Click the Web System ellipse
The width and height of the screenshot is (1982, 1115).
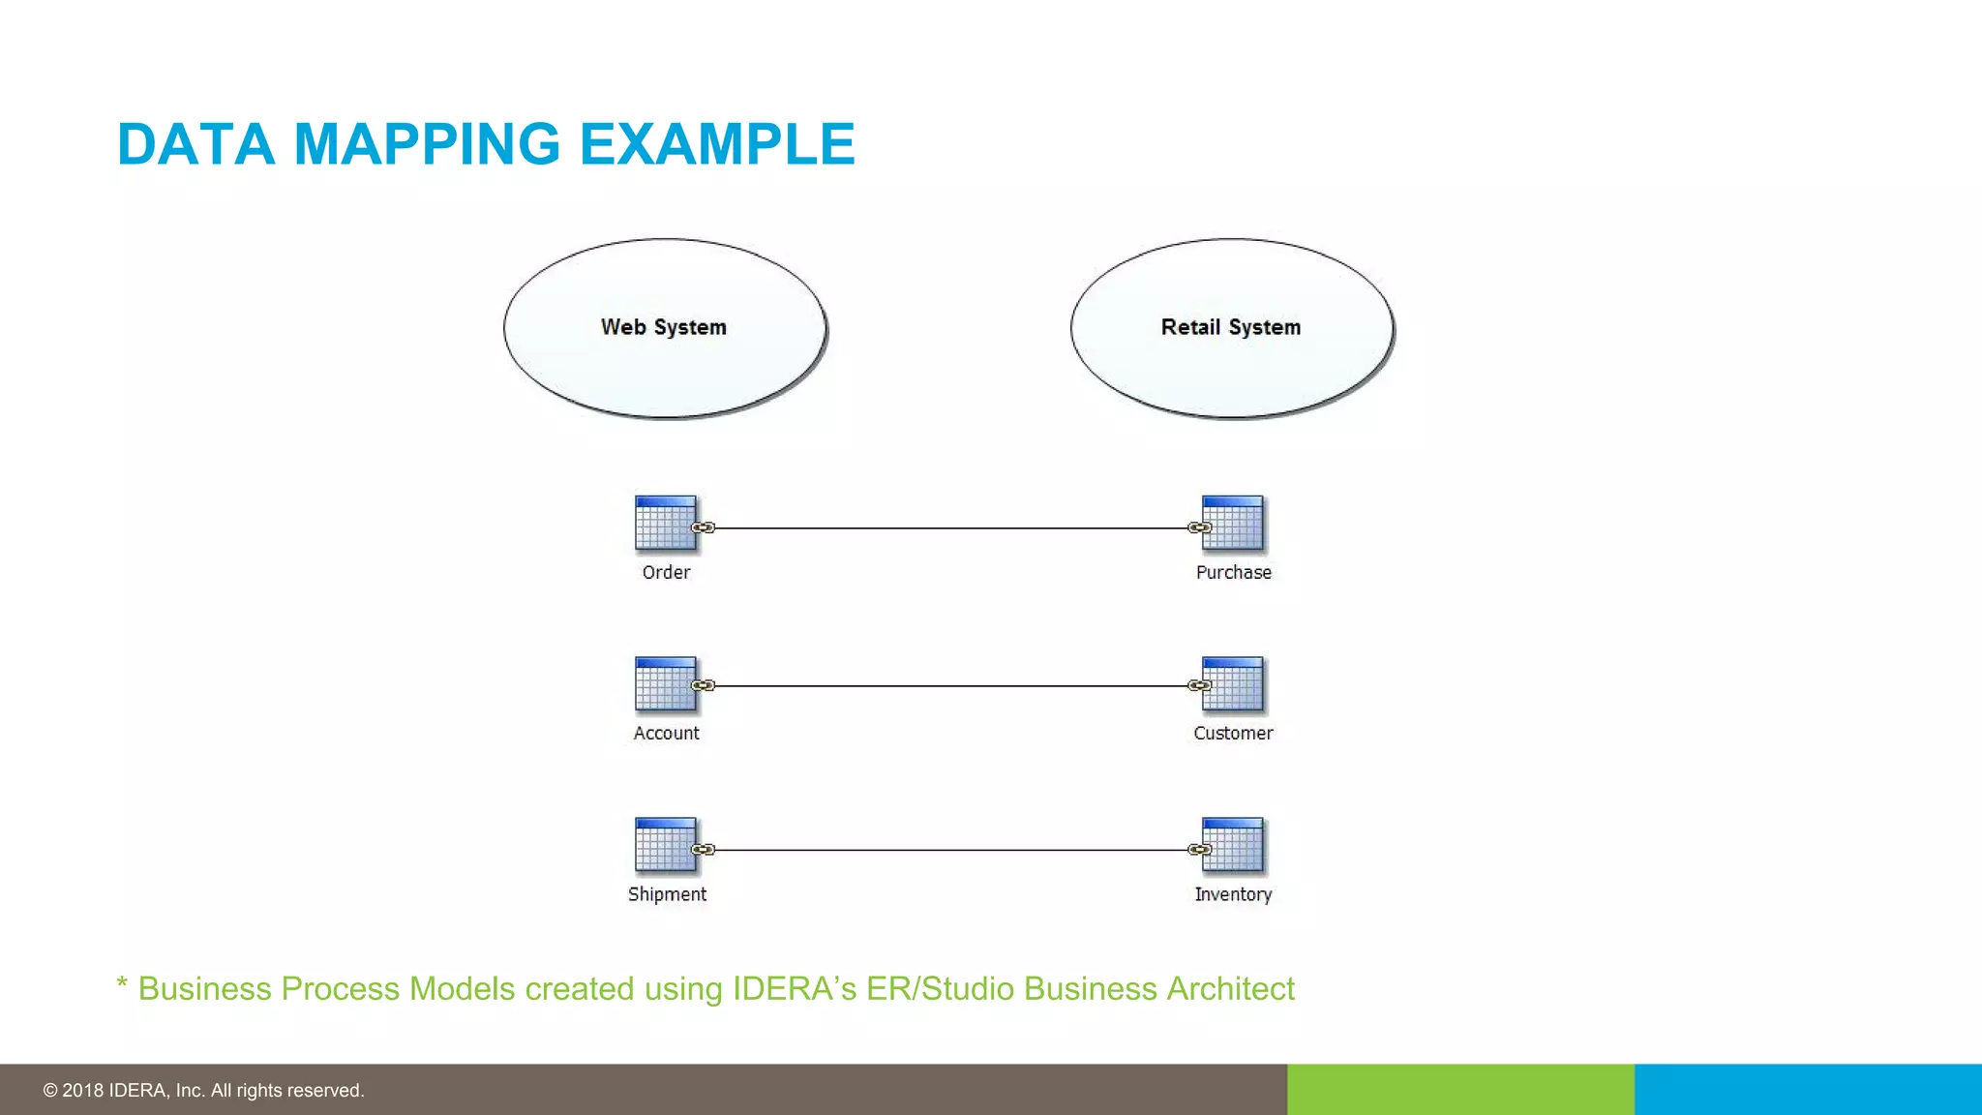coord(665,328)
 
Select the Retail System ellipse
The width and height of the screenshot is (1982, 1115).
coord(1231,328)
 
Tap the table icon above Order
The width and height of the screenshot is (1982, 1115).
coord(665,524)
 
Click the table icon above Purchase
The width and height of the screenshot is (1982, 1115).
coord(1232,524)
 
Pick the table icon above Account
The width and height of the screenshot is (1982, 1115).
coord(665,684)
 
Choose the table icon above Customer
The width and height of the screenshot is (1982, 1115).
coord(1232,684)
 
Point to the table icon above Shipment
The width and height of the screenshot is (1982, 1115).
coord(665,845)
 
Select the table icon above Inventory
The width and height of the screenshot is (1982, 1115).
coord(1232,845)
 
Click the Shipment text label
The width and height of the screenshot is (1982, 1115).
coord(667,894)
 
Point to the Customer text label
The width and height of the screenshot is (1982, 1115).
coord(1233,734)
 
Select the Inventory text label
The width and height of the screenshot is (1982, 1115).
coord(1233,894)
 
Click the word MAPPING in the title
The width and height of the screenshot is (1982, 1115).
coord(427,144)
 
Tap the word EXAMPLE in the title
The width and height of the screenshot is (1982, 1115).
coord(717,144)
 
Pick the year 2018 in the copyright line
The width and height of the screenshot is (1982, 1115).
coord(83,1091)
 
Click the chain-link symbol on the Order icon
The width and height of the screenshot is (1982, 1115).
coord(704,527)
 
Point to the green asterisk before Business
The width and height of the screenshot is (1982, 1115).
coord(122,985)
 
